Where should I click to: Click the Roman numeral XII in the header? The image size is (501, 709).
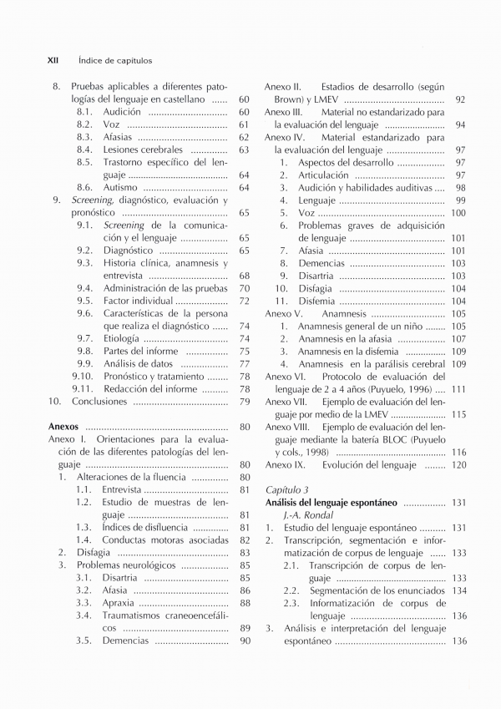tap(52, 61)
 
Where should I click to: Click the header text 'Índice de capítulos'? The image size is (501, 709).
tap(114, 61)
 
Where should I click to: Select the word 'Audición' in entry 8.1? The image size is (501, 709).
tap(122, 112)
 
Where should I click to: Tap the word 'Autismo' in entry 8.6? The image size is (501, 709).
tap(120, 188)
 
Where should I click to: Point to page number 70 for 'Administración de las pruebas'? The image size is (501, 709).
tap(245, 288)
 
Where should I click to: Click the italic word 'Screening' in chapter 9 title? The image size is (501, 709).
tap(91, 200)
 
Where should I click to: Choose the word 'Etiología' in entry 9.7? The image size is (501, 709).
tap(121, 338)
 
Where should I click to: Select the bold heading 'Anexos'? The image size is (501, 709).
tap(63, 427)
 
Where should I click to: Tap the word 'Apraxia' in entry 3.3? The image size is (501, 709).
tap(119, 603)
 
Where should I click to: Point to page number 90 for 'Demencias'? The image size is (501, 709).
tap(245, 641)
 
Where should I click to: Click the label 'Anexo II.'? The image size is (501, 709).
tap(283, 87)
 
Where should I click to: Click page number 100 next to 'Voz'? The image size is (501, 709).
tap(458, 213)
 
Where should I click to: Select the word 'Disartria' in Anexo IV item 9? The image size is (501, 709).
tap(316, 276)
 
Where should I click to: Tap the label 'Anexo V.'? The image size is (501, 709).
tap(283, 313)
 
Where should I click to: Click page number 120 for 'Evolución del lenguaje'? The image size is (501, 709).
tap(458, 464)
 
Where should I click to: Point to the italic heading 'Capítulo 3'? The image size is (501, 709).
tap(286, 489)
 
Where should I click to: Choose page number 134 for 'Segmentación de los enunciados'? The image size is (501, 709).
tap(458, 590)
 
